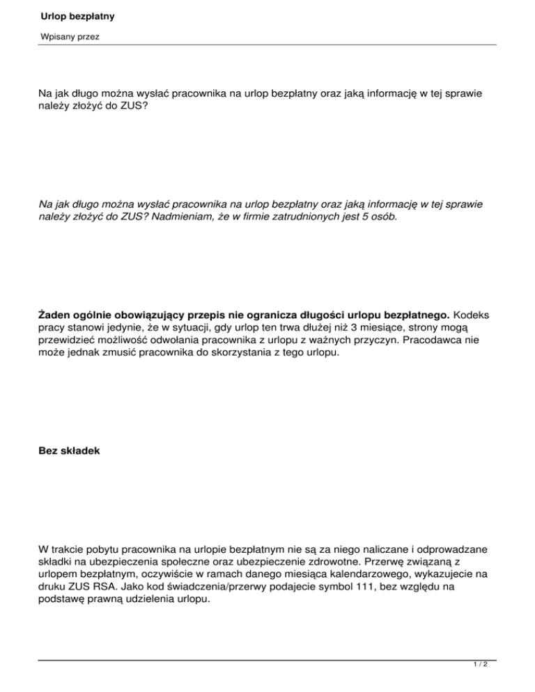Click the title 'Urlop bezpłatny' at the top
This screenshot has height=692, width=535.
(x=78, y=15)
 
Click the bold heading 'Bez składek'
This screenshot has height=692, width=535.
(x=69, y=450)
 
